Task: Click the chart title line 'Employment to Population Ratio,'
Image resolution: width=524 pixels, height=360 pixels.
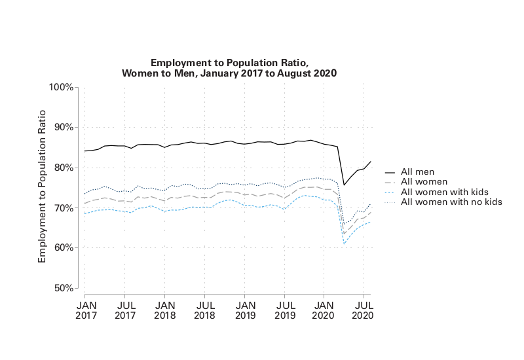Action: (x=229, y=62)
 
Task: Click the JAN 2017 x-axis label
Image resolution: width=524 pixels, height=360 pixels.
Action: (x=85, y=310)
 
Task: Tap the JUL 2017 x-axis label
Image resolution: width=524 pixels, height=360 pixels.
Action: (x=125, y=310)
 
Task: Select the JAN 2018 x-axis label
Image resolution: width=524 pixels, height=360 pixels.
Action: (x=165, y=310)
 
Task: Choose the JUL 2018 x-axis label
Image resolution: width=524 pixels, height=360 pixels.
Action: (x=205, y=310)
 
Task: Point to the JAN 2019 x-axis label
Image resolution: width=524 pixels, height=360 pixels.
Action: (x=245, y=310)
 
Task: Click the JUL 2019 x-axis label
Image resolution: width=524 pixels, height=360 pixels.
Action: (x=285, y=310)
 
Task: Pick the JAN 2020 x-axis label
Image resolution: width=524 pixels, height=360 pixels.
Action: (x=325, y=310)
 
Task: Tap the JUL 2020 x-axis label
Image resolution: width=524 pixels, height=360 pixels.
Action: (x=364, y=310)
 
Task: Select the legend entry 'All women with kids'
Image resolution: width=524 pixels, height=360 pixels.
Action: (x=444, y=192)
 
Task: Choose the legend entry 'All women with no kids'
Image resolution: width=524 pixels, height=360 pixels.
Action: (x=451, y=202)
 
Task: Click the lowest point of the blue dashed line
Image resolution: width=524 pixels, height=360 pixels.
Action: (x=345, y=244)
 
